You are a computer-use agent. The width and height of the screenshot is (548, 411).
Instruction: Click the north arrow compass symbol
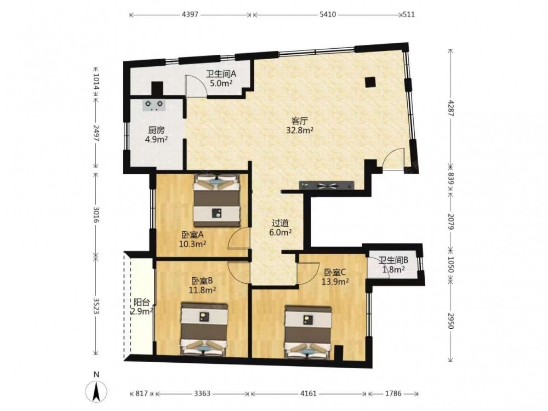[x=96, y=391]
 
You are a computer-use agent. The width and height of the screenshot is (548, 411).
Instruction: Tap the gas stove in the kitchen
[x=154, y=105]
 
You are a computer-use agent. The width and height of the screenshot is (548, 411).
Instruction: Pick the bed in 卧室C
[x=308, y=332]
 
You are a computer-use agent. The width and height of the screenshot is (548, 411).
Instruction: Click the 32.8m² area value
[x=300, y=131]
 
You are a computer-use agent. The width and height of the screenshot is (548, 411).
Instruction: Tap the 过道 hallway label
[x=280, y=223]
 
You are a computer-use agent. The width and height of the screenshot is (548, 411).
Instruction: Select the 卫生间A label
[x=221, y=74]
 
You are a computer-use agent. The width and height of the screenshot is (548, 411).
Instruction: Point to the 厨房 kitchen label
[x=156, y=130]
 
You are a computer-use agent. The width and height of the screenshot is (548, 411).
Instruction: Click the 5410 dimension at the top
[x=328, y=15]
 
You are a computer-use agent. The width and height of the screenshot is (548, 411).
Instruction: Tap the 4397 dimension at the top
[x=190, y=15]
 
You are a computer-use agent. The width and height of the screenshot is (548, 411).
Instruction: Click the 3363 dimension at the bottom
[x=202, y=393]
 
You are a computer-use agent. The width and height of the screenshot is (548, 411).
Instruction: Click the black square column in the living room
[x=370, y=82]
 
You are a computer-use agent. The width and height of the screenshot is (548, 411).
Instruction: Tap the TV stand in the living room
[x=327, y=185]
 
